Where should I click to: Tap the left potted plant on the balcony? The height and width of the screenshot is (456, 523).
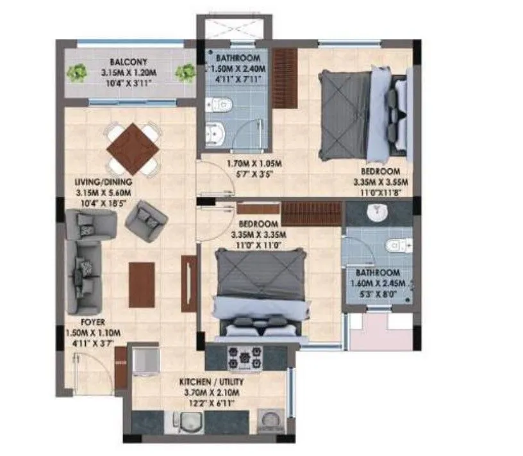tap(78, 73)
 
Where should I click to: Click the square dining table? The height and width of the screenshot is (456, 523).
tap(133, 149)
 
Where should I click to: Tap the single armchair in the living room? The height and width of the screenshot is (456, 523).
tap(147, 219)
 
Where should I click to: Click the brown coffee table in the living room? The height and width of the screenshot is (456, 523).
tap(141, 284)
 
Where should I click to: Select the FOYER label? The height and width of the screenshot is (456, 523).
tap(94, 322)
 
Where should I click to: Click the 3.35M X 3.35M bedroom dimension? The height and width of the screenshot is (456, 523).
tap(260, 234)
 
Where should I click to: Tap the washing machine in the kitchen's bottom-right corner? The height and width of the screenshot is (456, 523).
tap(270, 423)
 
